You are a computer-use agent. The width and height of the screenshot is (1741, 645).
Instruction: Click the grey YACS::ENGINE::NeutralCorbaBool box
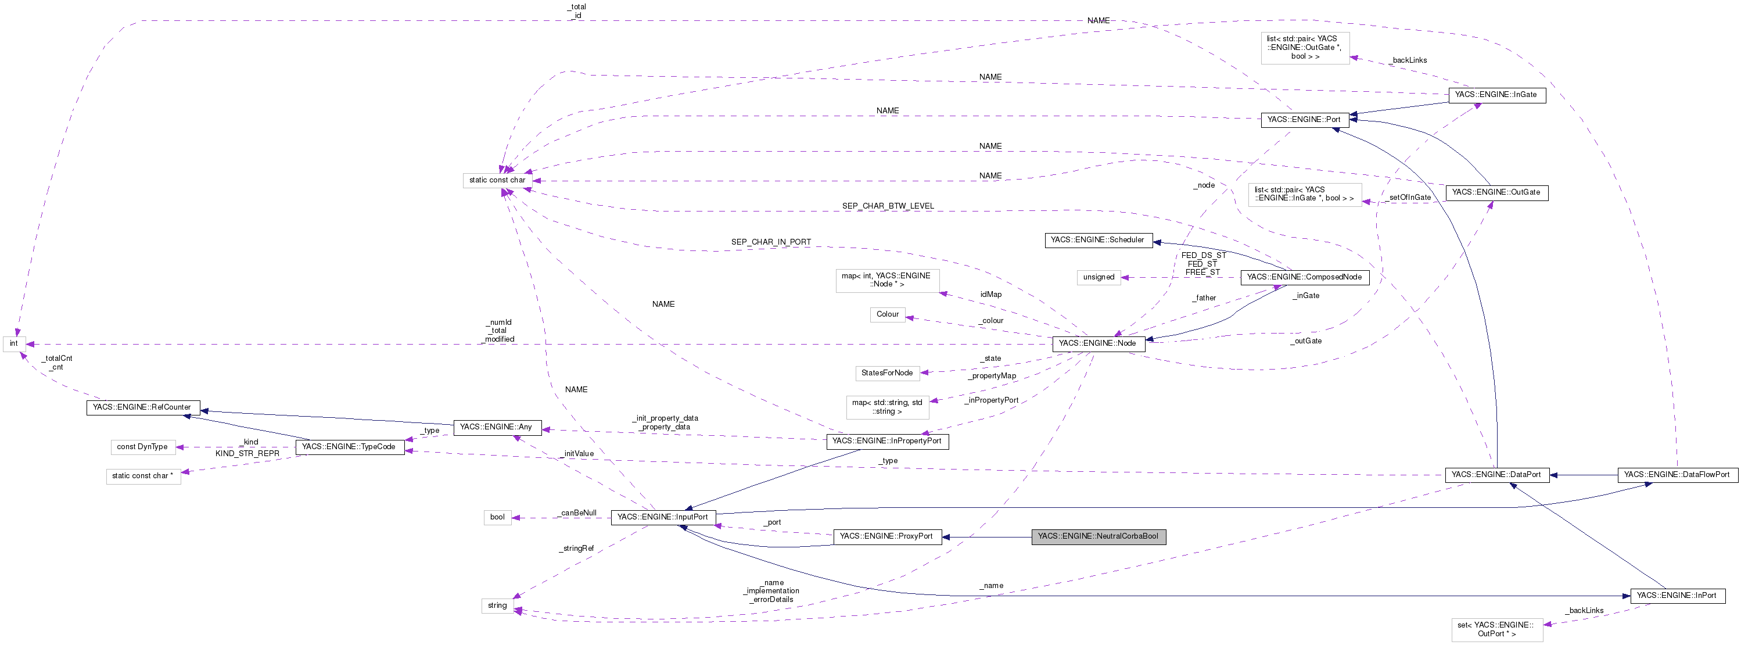click(1099, 536)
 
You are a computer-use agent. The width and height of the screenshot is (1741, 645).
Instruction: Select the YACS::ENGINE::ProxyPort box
click(886, 536)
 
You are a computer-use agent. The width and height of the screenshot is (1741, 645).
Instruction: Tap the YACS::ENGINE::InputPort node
click(662, 517)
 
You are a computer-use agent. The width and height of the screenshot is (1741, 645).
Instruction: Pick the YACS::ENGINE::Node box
click(1097, 343)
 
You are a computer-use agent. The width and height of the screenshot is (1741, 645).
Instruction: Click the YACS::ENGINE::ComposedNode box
click(1304, 277)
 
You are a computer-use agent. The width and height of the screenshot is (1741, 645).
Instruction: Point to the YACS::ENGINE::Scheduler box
click(1097, 240)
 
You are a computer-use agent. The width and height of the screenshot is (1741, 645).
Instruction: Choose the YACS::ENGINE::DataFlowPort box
click(1677, 475)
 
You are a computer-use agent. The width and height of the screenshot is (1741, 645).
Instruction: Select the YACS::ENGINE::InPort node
click(1677, 596)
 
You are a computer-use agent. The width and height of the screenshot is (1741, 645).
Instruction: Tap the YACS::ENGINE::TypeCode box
click(349, 447)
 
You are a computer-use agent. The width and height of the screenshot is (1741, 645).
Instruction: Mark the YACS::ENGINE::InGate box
click(1496, 95)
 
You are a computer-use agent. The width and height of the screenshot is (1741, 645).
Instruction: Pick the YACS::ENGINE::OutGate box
click(1496, 193)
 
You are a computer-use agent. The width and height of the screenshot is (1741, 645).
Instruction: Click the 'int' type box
click(13, 343)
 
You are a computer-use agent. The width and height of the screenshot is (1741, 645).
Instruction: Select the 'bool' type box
click(497, 517)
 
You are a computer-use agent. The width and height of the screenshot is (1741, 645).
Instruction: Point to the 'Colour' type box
click(888, 314)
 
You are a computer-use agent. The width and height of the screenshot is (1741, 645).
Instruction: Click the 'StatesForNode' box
click(886, 373)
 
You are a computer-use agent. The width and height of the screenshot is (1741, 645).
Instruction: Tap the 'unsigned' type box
click(1099, 277)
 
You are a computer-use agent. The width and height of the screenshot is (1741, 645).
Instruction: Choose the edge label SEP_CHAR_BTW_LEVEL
click(888, 206)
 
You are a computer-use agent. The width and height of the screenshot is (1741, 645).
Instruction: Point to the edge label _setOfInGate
click(1409, 198)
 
